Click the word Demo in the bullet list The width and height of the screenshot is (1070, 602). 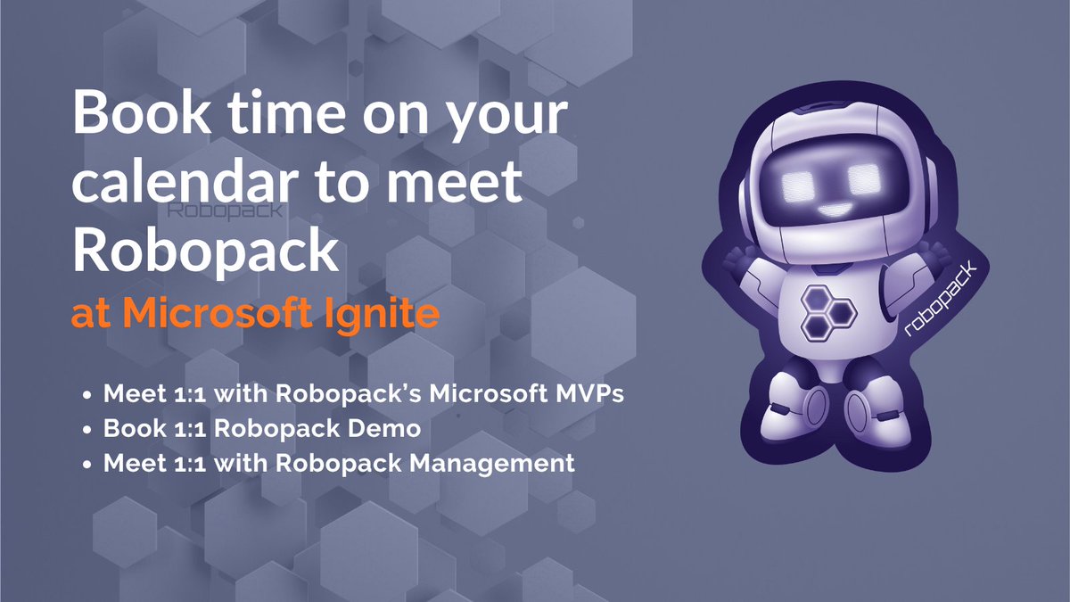389,429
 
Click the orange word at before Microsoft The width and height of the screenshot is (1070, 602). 92,315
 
